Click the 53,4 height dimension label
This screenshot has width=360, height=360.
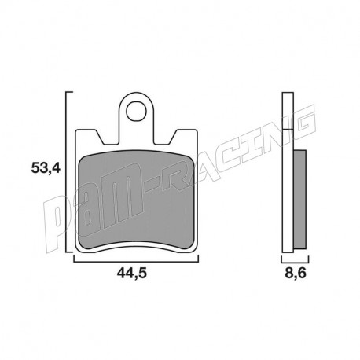point(46,168)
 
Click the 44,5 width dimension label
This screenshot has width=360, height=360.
point(132,273)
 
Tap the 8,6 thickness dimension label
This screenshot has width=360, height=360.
point(296,273)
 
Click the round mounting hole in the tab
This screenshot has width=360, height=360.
point(136,111)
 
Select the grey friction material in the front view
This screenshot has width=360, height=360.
point(136,200)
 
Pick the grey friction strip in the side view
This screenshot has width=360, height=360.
point(300,200)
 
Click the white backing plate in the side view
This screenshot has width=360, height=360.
point(288,172)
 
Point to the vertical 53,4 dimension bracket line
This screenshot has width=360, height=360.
point(65,172)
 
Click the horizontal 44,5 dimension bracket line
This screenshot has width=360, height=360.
point(136,261)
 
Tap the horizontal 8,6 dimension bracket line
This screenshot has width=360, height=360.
point(295,262)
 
